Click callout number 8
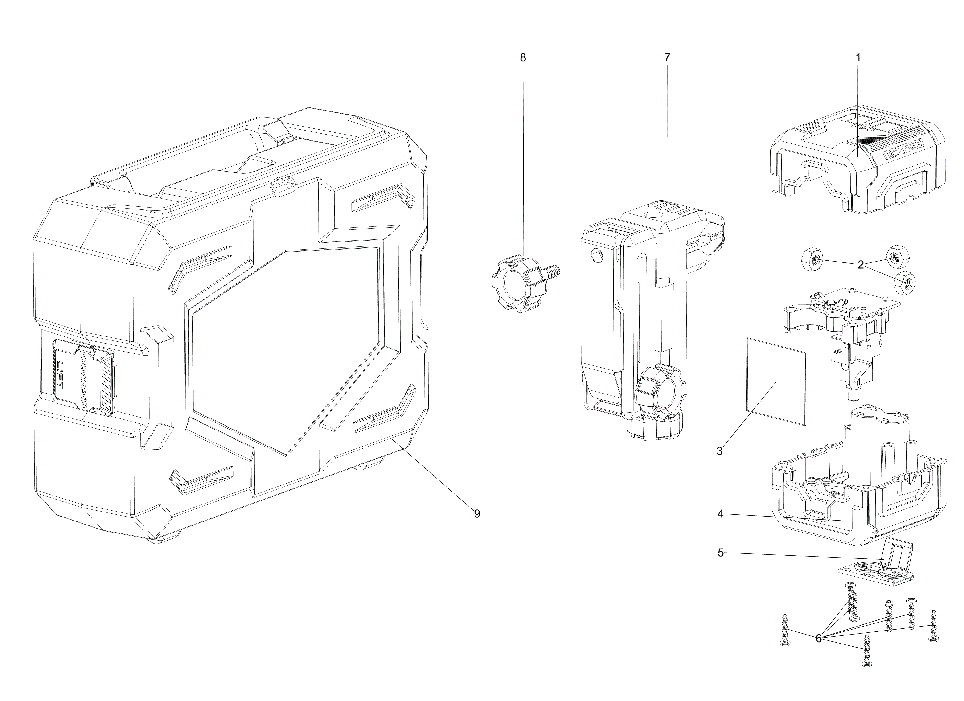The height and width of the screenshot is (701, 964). click(x=523, y=58)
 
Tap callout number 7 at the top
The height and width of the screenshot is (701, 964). click(x=667, y=58)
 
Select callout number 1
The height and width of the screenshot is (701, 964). click(x=858, y=58)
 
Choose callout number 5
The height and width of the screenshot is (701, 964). click(x=720, y=553)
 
